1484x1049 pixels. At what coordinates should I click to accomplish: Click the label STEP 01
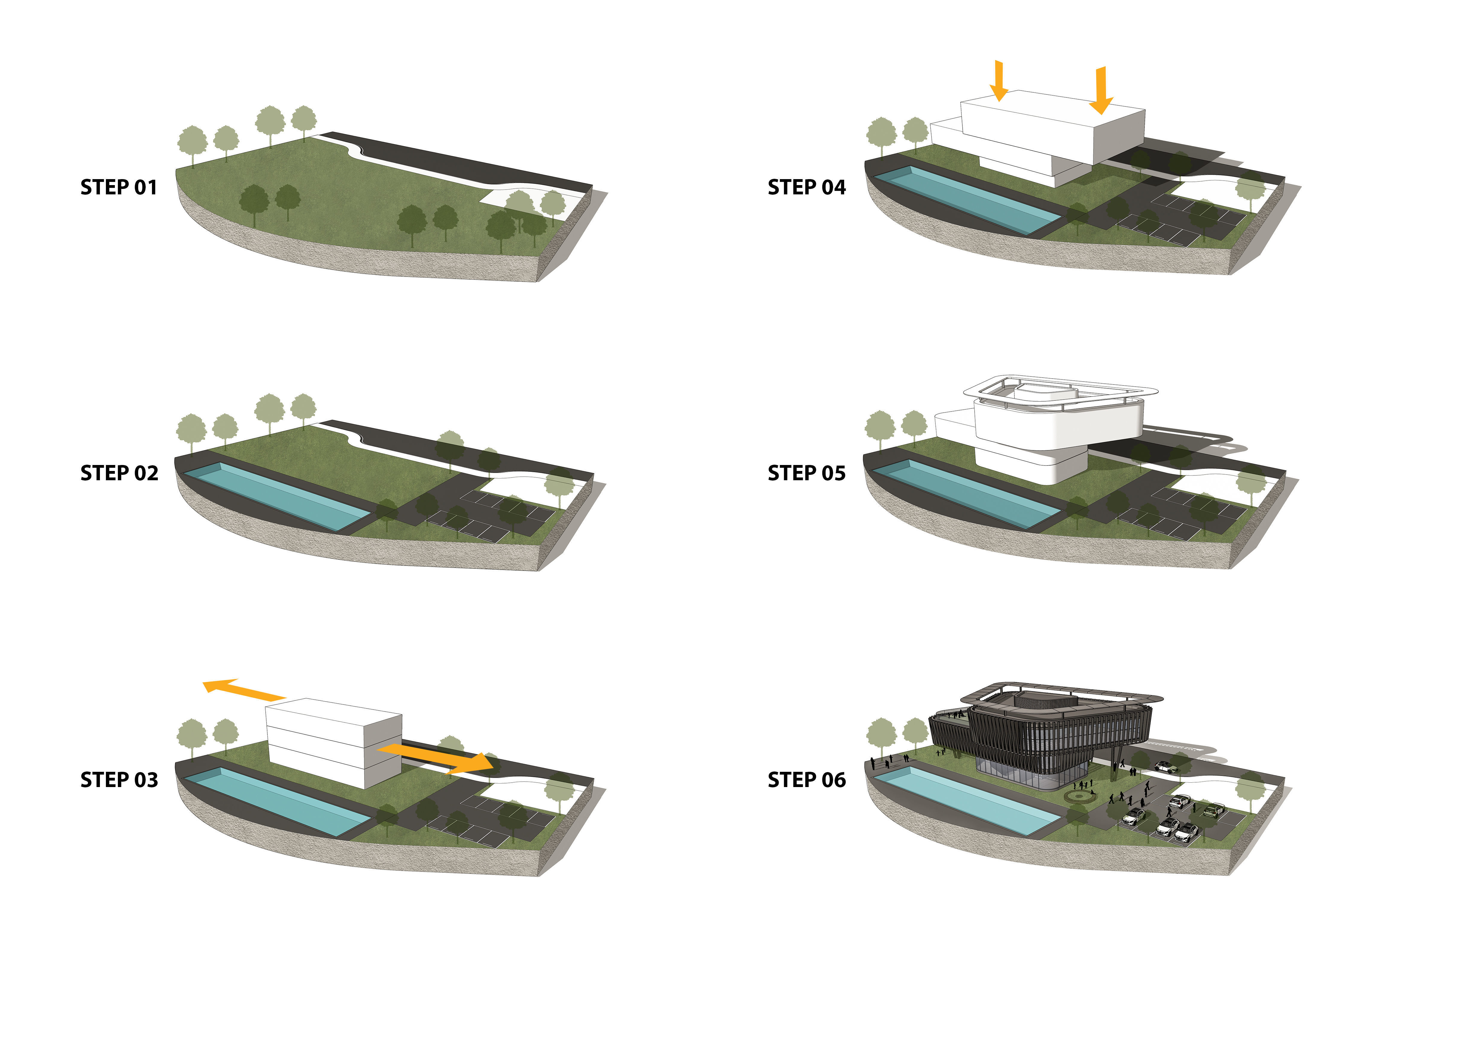119,187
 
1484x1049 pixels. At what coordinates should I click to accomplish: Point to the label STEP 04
807,187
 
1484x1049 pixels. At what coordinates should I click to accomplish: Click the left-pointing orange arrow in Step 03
244,690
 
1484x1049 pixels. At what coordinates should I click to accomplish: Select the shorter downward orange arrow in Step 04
999,81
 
